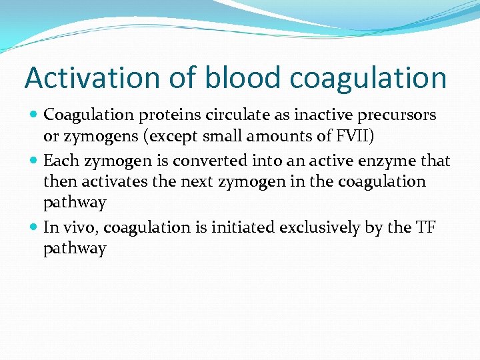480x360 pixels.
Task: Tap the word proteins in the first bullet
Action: point(167,115)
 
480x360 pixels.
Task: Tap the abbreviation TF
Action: point(426,227)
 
